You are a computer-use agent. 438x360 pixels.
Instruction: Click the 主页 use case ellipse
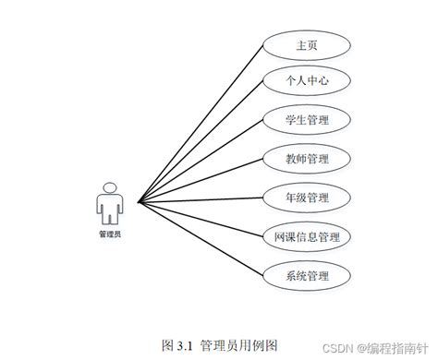click(307, 43)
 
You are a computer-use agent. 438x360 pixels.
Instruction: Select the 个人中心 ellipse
click(307, 82)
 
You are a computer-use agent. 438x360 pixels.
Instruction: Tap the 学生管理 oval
click(307, 120)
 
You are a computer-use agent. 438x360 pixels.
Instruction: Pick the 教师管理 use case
click(307, 159)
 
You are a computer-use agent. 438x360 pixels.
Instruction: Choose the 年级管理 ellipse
click(307, 198)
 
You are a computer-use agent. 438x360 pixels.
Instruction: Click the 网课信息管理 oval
click(307, 236)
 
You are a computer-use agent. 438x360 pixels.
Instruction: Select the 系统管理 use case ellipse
click(307, 275)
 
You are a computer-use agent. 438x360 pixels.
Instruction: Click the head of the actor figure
click(109, 187)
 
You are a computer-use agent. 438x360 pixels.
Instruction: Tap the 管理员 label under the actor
click(109, 234)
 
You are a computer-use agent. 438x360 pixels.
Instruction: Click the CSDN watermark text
click(345, 348)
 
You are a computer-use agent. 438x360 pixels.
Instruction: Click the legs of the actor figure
click(109, 218)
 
